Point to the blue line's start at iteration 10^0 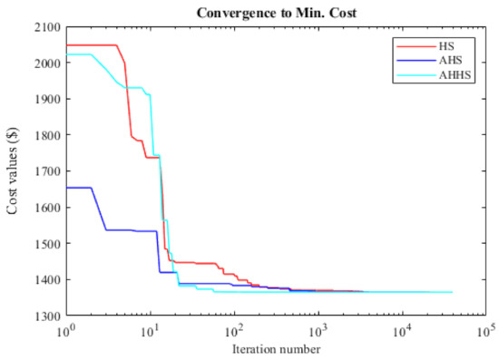click(66, 188)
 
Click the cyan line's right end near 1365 click(452, 292)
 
